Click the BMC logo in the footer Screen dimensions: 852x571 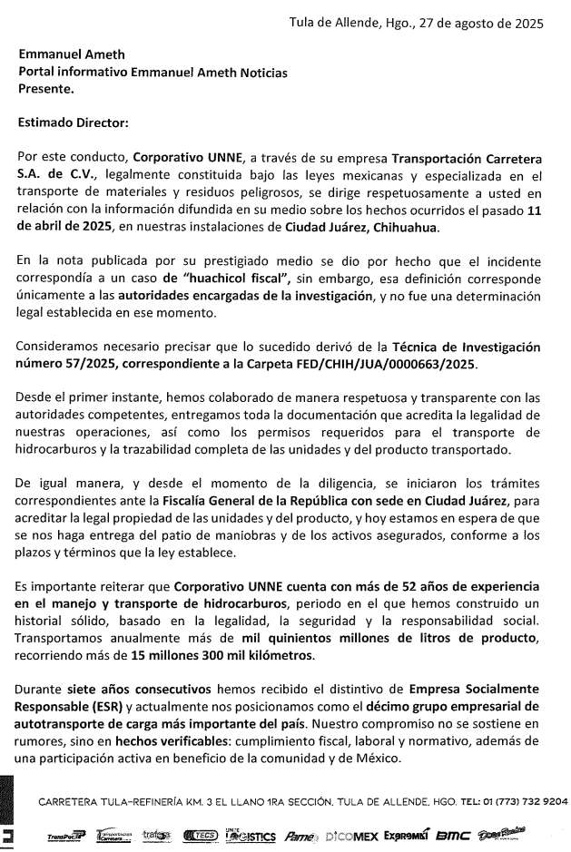(452, 833)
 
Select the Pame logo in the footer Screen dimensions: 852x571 (300, 833)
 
